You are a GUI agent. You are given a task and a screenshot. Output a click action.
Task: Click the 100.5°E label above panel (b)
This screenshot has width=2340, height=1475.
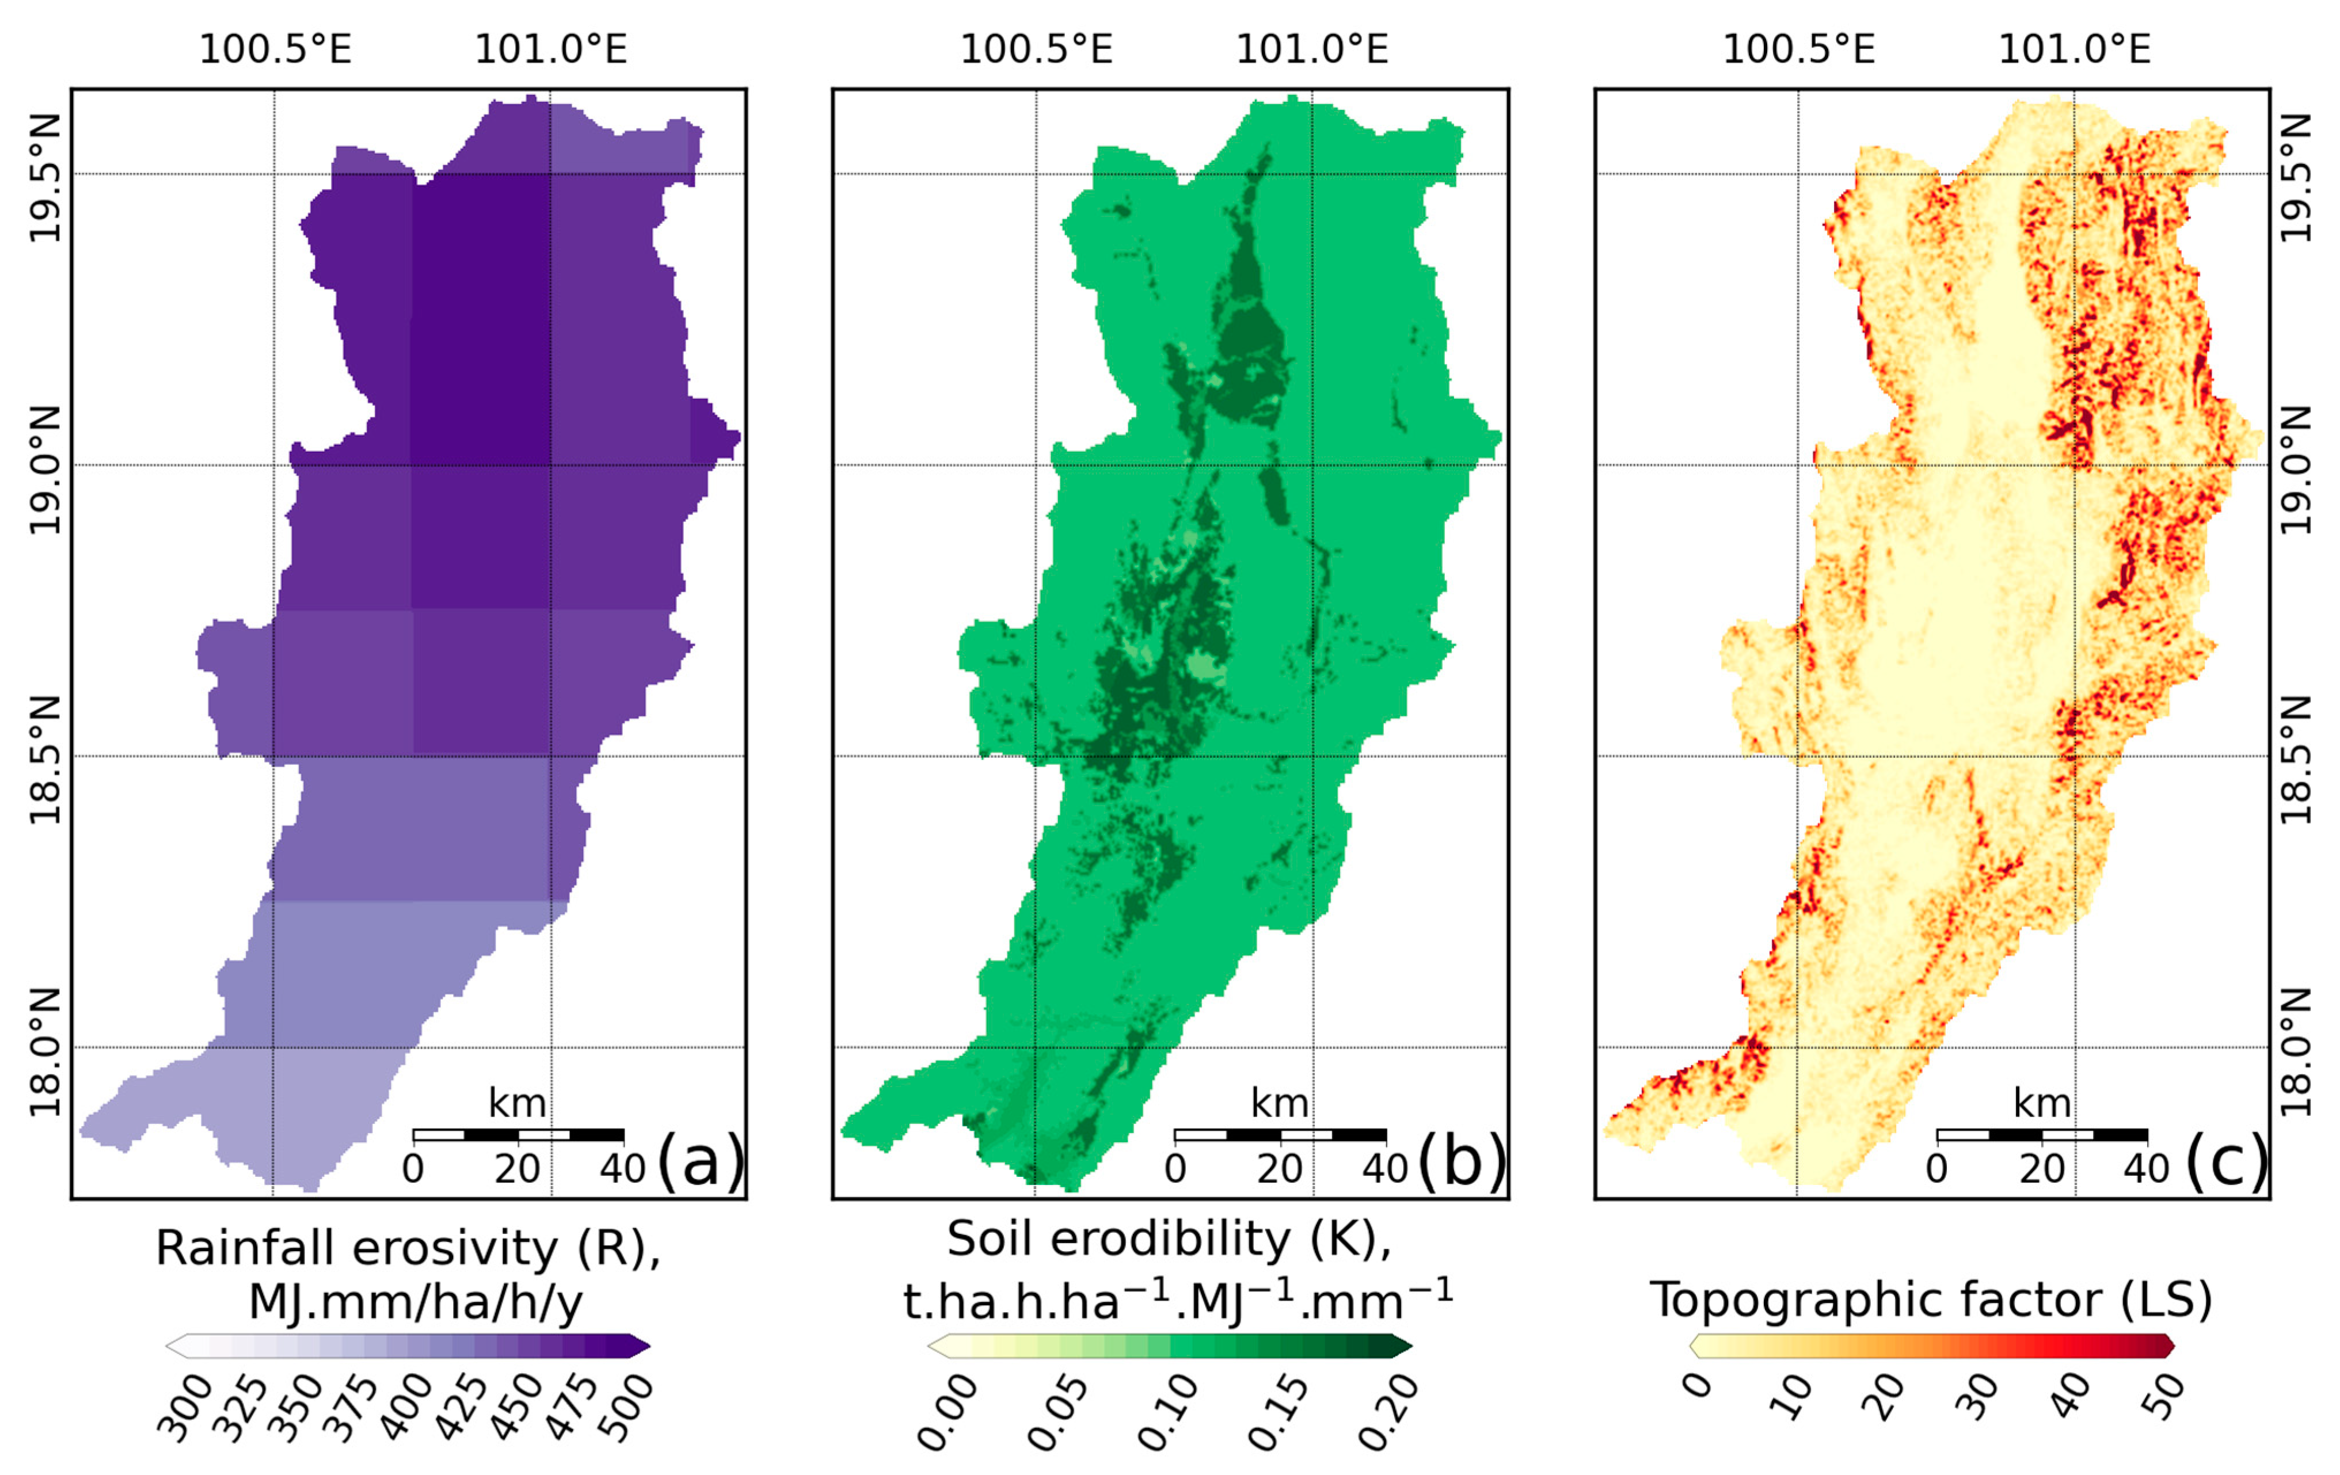point(1037,48)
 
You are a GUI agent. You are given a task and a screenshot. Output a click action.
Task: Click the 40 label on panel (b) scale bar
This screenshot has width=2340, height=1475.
point(1385,1168)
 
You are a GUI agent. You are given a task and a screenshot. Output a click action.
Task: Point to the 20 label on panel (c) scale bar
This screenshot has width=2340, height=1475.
point(2042,1168)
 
